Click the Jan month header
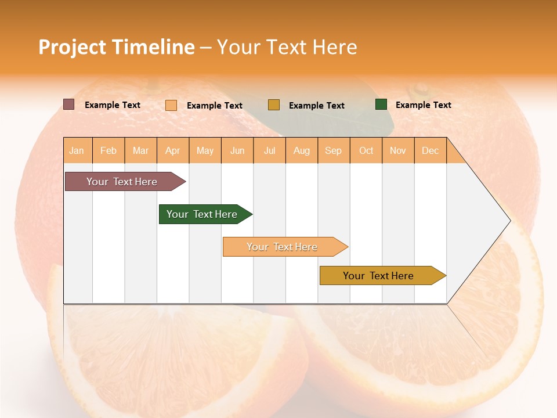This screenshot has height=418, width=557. (77, 150)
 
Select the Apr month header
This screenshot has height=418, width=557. (173, 150)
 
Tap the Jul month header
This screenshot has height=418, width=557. (269, 150)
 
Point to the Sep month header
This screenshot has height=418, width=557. (334, 150)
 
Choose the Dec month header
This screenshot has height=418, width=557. (430, 150)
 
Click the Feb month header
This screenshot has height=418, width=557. (108, 150)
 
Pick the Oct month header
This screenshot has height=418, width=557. (366, 150)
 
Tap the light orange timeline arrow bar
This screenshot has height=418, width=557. (283, 247)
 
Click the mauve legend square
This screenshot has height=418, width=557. (68, 105)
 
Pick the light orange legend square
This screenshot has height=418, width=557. (171, 105)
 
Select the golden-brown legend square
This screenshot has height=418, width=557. (274, 105)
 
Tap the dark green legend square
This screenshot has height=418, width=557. (381, 105)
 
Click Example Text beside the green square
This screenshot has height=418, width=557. (423, 105)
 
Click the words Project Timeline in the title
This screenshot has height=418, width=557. (116, 47)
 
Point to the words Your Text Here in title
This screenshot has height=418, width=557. (287, 47)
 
